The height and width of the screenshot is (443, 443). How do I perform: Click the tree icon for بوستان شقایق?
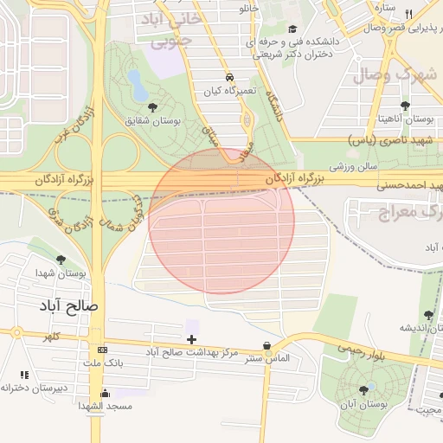point(153,107)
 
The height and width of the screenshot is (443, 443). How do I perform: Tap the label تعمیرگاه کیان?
point(226,90)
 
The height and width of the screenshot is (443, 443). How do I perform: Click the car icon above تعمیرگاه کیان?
point(228,76)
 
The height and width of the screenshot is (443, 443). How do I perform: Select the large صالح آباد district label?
point(68,306)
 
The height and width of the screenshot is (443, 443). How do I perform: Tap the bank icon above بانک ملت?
point(103,350)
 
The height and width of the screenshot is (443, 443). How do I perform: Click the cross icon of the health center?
point(191,338)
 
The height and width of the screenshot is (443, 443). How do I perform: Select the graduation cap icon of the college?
point(292,28)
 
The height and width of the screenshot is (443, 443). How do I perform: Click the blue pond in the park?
point(137,83)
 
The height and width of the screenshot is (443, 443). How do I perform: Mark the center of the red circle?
point(221,221)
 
